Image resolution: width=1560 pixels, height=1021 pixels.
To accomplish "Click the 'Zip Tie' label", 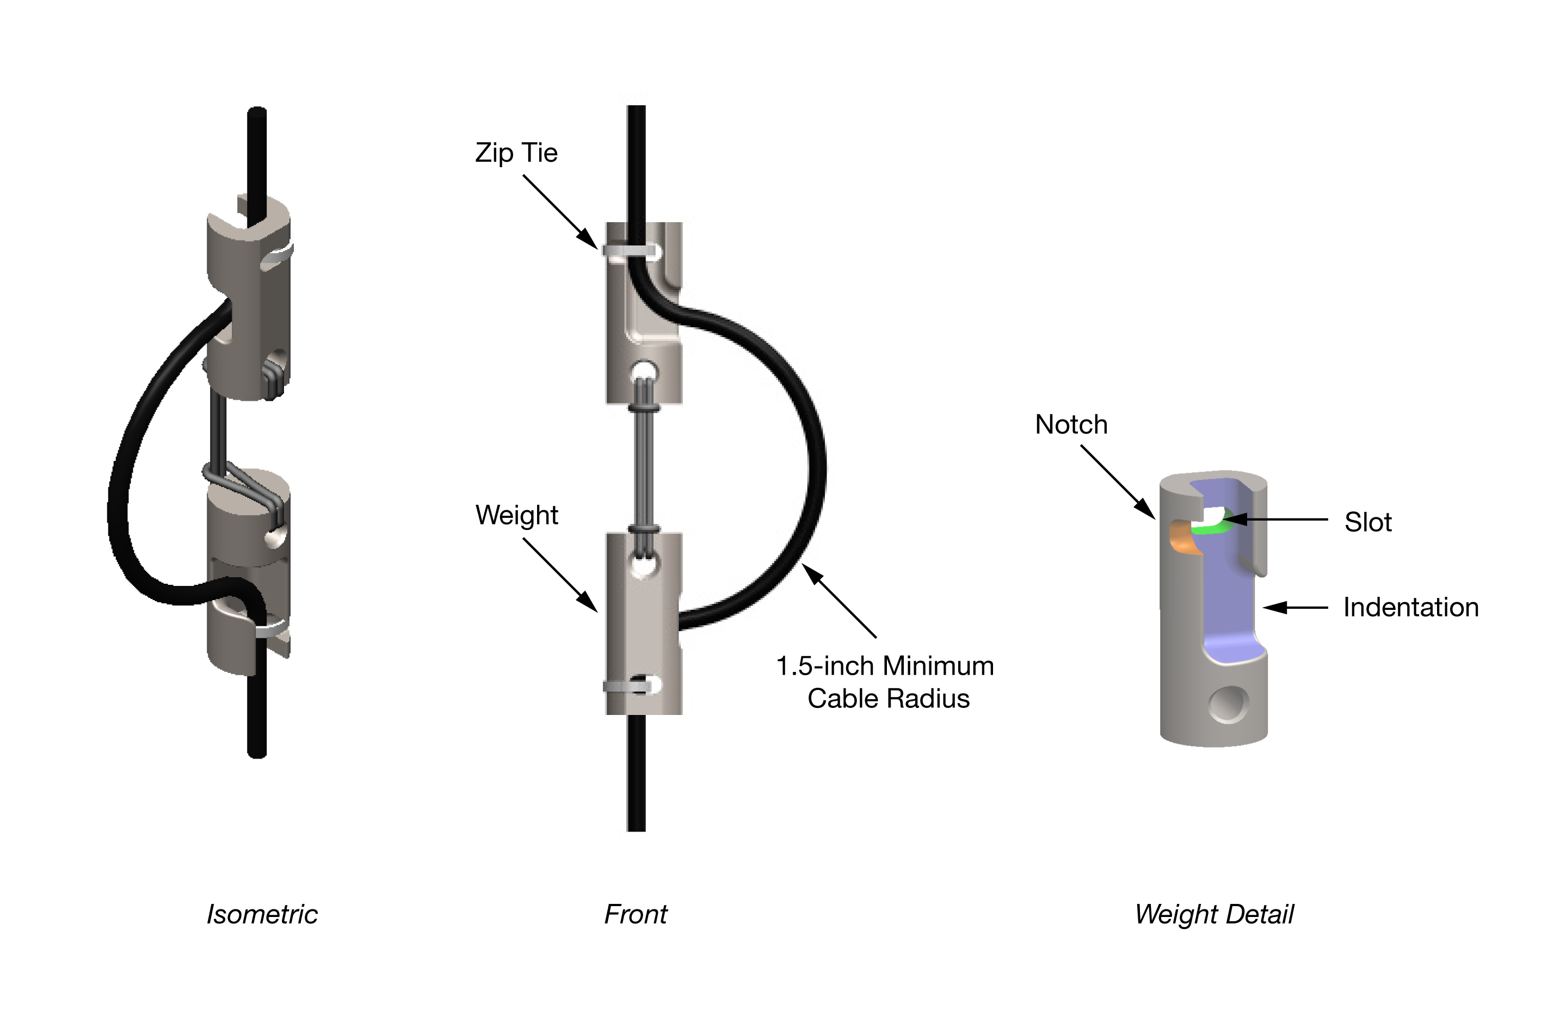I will coord(516,154).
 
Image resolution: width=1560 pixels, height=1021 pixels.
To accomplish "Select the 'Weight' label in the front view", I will coord(516,516).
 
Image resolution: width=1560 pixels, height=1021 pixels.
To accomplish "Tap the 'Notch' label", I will coord(1071,425).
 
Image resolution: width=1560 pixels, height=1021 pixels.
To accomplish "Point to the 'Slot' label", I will coord(1368,523).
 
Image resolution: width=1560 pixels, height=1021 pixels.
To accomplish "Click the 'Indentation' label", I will coord(1410,608).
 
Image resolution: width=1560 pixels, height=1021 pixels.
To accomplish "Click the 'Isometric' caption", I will coord(262,914).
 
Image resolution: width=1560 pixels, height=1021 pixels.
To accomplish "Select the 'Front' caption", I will coord(635,914).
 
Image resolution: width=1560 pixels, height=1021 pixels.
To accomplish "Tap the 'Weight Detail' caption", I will coord(1214,914).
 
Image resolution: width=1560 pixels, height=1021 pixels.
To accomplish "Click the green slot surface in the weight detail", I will coord(1210,527).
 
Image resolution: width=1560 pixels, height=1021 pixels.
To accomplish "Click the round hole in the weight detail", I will coord(1228,704).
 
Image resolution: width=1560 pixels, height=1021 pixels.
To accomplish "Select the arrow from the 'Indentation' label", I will coord(1294,608).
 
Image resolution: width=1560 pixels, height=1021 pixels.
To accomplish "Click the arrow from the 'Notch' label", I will coord(1118,482).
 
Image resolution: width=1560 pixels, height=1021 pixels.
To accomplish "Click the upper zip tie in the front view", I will coord(629,250).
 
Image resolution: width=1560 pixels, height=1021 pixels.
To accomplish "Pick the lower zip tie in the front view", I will coord(628,687).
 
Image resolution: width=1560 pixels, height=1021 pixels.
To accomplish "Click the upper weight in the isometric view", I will coord(249,302).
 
